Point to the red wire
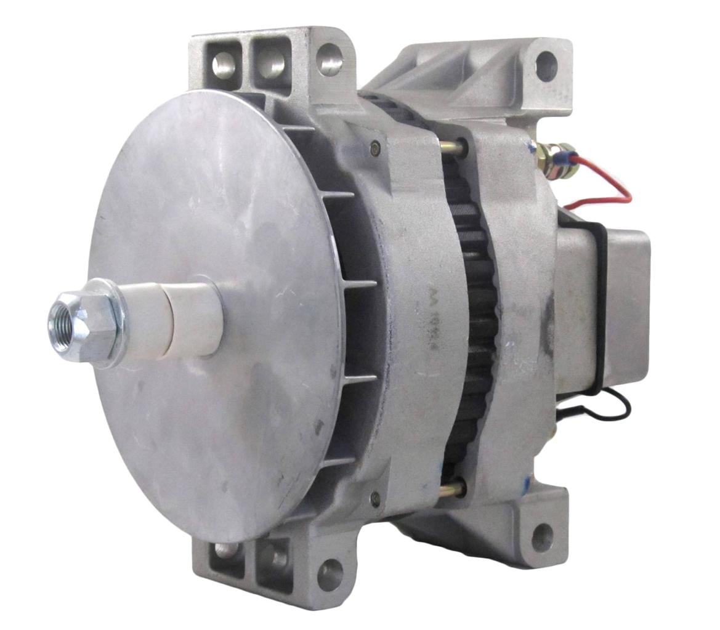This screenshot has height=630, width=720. [607, 185]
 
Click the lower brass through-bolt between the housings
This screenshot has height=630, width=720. [453, 490]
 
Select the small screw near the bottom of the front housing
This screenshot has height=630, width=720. [375, 498]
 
